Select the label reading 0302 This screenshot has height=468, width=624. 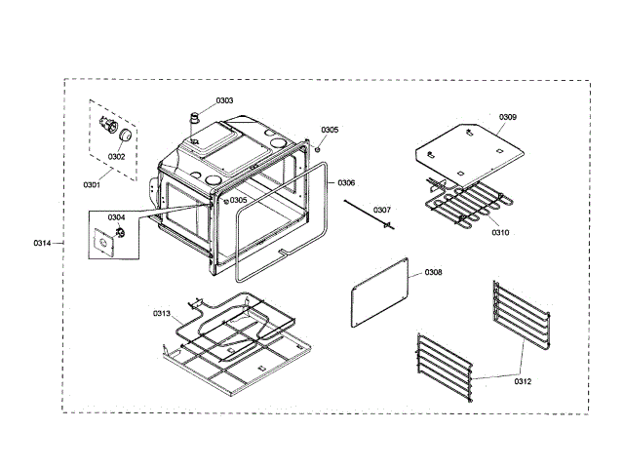click(117, 156)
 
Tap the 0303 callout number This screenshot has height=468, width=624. click(224, 100)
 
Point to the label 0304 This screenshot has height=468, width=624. click(116, 217)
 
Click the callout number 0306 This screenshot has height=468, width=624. click(347, 182)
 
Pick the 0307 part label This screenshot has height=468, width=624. click(382, 210)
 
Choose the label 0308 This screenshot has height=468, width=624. click(433, 272)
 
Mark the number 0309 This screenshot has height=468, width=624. click(508, 117)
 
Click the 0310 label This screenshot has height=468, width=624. click(499, 233)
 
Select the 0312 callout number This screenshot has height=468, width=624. click(523, 380)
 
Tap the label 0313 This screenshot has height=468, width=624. click(161, 313)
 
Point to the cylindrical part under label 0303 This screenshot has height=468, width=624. click(195, 125)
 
